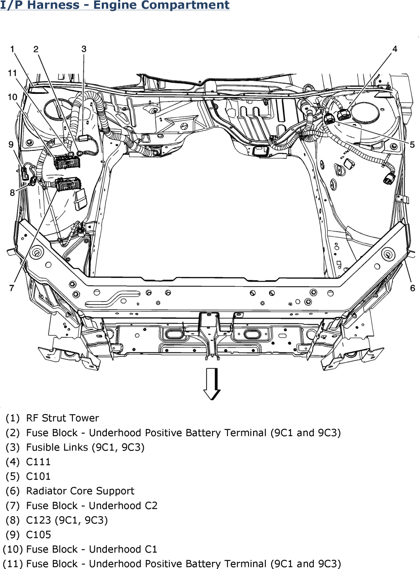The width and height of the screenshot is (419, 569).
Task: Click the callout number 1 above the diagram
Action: coord(13,49)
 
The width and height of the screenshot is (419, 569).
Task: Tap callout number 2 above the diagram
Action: coord(36,49)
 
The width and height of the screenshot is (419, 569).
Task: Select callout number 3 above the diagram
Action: coord(84,49)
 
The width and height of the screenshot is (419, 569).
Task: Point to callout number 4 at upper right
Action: coord(395,49)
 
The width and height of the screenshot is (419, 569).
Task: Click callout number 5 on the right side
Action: coord(412,145)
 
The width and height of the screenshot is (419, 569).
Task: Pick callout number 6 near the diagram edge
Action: coord(413,288)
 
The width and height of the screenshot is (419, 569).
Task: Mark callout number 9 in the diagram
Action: coord(11,144)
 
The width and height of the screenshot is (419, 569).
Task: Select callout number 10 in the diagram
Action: coord(13,97)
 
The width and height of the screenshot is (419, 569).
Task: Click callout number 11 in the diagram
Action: coord(12,72)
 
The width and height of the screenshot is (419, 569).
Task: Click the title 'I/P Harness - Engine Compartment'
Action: coord(115,5)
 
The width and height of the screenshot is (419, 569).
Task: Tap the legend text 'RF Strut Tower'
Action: coord(62,418)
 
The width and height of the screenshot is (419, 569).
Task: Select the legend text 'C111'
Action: coord(38,462)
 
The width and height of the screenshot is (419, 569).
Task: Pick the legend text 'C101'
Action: coord(38,476)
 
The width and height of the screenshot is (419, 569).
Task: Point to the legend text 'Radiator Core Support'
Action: coord(80,491)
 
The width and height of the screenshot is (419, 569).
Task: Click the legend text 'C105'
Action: coord(39,534)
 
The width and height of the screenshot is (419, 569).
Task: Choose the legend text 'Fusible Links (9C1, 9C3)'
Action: coord(85,447)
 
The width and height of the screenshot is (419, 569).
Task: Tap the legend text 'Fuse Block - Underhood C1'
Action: coord(91,549)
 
